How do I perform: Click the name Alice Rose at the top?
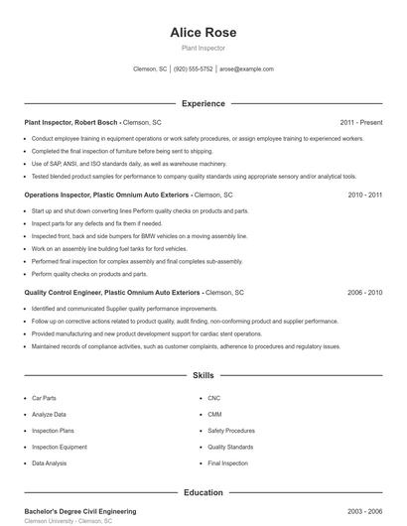(203, 33)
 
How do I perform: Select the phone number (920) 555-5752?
(193, 69)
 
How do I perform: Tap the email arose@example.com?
(246, 69)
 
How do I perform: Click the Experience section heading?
(203, 103)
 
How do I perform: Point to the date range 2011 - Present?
(361, 122)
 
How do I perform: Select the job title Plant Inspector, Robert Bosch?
(70, 122)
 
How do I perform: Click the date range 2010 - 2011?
(364, 196)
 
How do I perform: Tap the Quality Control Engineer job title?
(112, 293)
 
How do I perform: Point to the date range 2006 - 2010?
(364, 293)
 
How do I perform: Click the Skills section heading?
(203, 376)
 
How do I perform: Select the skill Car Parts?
(44, 398)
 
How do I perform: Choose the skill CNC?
(213, 398)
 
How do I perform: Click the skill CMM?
(214, 414)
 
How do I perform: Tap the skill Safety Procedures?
(231, 431)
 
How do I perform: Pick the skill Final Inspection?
(227, 463)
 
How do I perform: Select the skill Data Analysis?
(50, 463)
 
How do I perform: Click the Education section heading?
(203, 492)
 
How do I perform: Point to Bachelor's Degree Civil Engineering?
(80, 511)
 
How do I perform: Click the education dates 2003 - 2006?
(364, 511)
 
